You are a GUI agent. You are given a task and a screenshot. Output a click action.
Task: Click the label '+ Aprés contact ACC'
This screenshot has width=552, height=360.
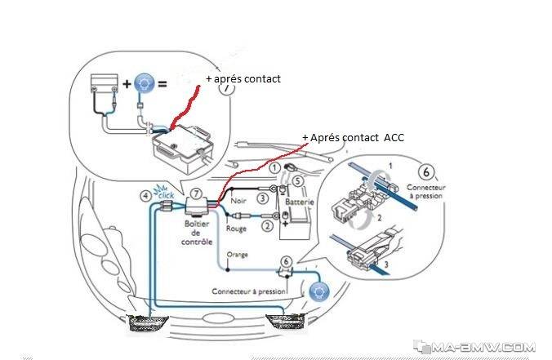click(353, 138)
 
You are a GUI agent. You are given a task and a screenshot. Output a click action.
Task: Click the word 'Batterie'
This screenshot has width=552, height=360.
click(300, 202)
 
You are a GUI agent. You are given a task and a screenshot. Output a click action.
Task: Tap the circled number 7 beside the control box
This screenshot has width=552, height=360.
click(196, 193)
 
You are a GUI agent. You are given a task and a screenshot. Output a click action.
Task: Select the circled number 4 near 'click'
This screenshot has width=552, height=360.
click(145, 196)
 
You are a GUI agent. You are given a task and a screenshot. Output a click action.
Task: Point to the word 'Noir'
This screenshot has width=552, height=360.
click(238, 201)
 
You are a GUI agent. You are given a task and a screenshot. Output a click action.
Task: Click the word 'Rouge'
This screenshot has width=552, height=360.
click(236, 229)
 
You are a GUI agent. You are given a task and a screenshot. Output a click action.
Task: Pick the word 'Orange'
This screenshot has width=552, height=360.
click(238, 255)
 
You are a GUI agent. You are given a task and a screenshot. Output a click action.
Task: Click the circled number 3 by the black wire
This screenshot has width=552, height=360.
click(262, 198)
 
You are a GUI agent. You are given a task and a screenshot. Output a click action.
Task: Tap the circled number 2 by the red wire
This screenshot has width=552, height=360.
click(268, 225)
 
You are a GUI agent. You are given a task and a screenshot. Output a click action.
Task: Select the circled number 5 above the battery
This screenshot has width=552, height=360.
click(298, 181)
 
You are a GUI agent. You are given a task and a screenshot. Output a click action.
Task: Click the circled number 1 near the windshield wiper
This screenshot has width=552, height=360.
click(275, 168)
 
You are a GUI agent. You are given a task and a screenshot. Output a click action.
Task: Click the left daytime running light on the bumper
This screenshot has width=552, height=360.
click(148, 323)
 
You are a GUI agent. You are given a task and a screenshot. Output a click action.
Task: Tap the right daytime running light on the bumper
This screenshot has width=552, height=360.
click(285, 322)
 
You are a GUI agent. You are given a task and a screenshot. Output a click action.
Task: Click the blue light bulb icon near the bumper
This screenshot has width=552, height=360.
click(319, 291)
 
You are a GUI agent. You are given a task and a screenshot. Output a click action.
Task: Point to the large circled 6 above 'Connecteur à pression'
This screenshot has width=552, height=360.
click(426, 172)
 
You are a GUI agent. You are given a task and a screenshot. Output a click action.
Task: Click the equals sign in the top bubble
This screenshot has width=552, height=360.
click(162, 84)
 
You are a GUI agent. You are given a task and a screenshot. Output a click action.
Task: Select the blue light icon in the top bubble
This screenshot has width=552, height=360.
click(145, 83)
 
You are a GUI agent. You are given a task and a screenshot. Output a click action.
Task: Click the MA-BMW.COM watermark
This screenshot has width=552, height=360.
click(475, 347)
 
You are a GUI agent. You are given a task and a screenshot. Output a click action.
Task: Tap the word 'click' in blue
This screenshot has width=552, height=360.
click(166, 194)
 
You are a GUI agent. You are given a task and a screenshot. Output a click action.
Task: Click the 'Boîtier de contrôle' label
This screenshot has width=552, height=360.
click(197, 233)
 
